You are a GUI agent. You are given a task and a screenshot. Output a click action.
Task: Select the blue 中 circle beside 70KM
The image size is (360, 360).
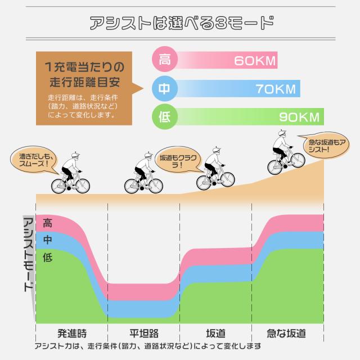click(165, 88)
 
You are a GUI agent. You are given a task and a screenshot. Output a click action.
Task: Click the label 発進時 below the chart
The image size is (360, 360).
click(72, 332)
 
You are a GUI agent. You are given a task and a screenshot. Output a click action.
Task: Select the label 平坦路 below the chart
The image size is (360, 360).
click(144, 332)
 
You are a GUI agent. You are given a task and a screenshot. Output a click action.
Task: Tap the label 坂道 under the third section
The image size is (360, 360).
click(215, 332)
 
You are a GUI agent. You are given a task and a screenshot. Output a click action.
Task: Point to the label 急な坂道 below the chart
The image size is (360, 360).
click(287, 332)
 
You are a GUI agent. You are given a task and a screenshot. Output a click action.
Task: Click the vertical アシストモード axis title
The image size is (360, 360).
click(26, 253)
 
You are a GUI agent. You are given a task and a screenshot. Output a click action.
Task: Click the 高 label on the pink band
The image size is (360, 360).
click(48, 223)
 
